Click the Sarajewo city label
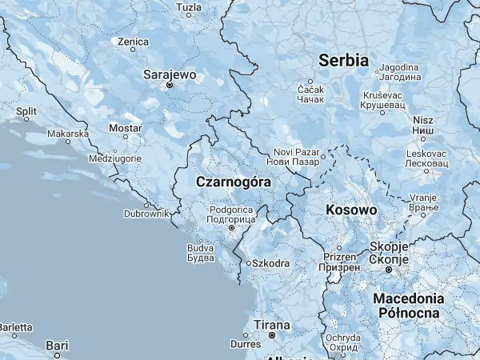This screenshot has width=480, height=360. click(169, 74)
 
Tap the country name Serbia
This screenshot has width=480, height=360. click(343, 60)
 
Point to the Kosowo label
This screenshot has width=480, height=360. click(351, 210)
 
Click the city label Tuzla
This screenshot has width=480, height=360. click(189, 8)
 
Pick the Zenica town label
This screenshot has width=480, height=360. click(133, 41)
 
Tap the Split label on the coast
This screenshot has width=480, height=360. click(26, 111)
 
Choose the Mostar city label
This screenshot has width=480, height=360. click(125, 128)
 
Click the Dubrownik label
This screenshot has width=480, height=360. click(146, 214)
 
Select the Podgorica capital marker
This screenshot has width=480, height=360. click(232, 228)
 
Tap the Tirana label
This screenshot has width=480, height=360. click(266, 325)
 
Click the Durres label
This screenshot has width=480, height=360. click(246, 344)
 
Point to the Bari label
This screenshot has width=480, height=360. click(57, 345)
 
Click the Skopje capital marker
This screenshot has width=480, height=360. click(390, 270)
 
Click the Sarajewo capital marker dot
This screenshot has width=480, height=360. click(169, 84)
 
